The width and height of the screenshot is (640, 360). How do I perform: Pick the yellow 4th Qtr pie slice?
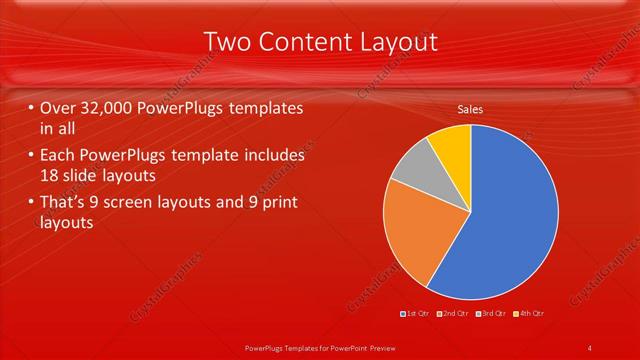pos(451,144)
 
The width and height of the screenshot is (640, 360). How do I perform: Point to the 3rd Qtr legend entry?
pos(490,314)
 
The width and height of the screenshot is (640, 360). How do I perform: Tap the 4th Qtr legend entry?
pos(527,314)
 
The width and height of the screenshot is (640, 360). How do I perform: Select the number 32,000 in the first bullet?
pos(113,107)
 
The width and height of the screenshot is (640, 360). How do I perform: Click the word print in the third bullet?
pos(279,203)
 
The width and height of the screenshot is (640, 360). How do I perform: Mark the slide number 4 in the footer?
pos(590,347)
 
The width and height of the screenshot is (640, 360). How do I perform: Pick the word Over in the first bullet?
pos(58,107)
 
